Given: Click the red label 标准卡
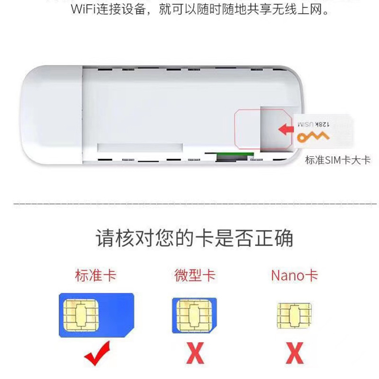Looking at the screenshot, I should pos(95,275).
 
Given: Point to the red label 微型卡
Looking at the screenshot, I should pos(194,275).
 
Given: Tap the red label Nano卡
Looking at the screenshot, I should pos(294,275).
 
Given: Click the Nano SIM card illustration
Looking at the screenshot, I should pos(294,314).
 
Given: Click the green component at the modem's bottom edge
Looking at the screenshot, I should pos(223,157).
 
